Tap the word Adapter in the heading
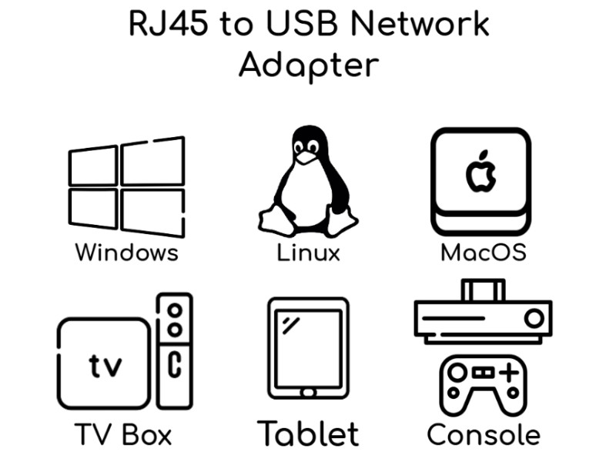pos(308,66)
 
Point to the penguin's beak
pos(307,157)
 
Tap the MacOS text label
pos(484,253)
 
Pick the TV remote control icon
pos(175,350)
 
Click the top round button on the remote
pos(175,311)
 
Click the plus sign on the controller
pos(507,373)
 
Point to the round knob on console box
pos(532,317)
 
